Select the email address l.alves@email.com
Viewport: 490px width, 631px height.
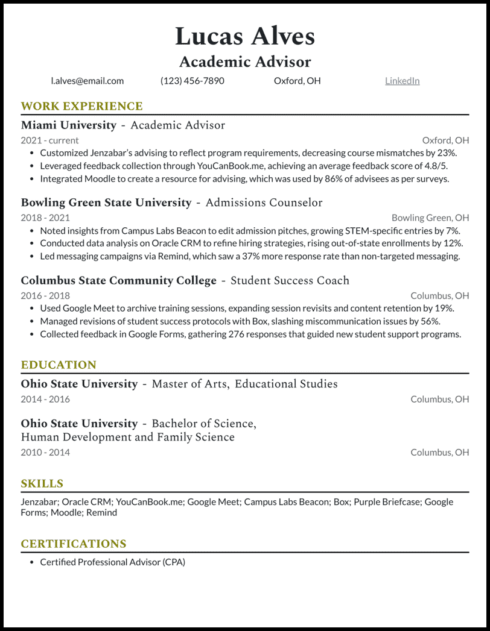(x=87, y=81)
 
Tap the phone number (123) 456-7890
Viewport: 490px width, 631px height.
(x=192, y=81)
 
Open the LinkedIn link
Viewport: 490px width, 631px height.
(x=402, y=81)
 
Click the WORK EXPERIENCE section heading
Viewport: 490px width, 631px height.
(x=81, y=107)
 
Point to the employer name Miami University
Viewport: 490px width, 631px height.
(x=68, y=125)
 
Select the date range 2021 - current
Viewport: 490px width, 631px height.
(x=49, y=140)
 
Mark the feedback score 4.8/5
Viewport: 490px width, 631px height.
(x=434, y=166)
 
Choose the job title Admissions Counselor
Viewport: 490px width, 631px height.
(x=264, y=203)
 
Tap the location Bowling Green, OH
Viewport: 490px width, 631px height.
(x=430, y=218)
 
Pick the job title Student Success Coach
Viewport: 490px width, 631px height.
(x=290, y=281)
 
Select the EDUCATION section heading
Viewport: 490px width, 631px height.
(x=59, y=365)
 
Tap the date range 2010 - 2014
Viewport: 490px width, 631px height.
(x=45, y=452)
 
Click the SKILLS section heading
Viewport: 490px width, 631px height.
(x=42, y=484)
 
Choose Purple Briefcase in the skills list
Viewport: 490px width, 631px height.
(x=386, y=501)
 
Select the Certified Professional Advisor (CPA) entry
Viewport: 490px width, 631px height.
(x=112, y=562)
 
